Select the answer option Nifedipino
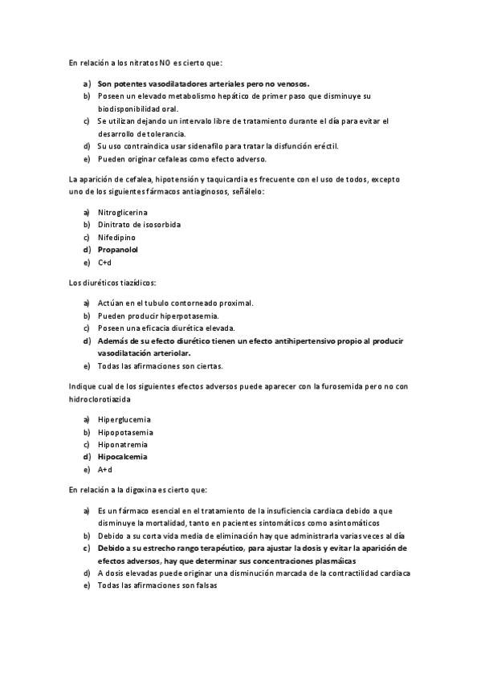click(x=116, y=238)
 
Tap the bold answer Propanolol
click(x=118, y=250)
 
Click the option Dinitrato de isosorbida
click(x=139, y=225)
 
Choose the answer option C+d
click(x=104, y=263)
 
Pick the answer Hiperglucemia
click(x=124, y=419)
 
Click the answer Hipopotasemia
click(x=125, y=432)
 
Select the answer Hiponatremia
click(x=124, y=444)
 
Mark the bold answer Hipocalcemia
click(x=123, y=457)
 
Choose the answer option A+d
click(x=104, y=470)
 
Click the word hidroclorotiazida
click(x=99, y=398)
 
